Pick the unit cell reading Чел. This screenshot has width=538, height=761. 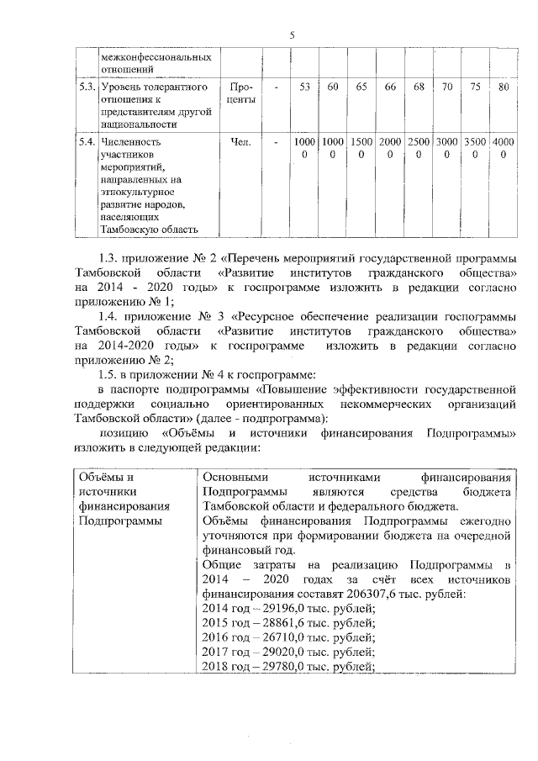tap(240, 142)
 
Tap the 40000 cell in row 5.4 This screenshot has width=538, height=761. tap(503, 149)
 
